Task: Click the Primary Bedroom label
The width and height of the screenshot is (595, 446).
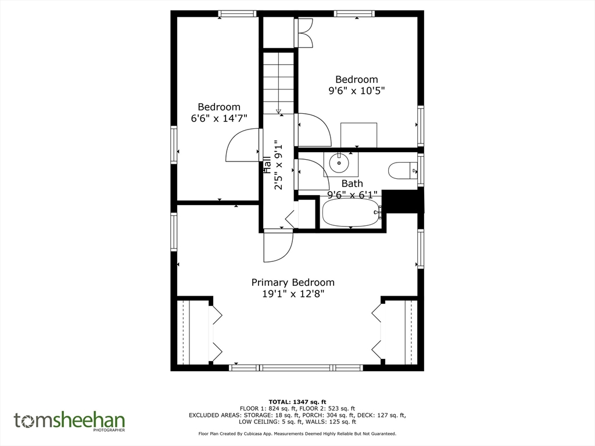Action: (x=293, y=283)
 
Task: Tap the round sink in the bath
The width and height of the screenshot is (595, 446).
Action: (x=339, y=163)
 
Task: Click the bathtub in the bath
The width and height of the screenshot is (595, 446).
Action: (x=352, y=213)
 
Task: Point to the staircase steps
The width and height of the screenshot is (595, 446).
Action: (x=279, y=82)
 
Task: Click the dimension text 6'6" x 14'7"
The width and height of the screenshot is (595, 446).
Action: (x=219, y=118)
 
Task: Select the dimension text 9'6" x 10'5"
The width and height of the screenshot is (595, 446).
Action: (x=357, y=91)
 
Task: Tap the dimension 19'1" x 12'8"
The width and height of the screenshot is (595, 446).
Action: (x=293, y=294)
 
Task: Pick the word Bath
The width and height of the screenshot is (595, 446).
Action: (x=352, y=184)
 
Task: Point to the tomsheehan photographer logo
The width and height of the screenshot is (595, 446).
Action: (x=70, y=422)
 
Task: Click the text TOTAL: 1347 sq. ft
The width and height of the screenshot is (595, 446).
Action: (x=297, y=402)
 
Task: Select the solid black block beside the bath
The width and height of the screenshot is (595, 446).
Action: (x=402, y=202)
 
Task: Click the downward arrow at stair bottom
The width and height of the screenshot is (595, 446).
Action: (x=278, y=111)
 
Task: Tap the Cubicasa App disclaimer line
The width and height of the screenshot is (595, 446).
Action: (x=297, y=433)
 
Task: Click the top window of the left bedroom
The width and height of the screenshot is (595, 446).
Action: (x=238, y=14)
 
